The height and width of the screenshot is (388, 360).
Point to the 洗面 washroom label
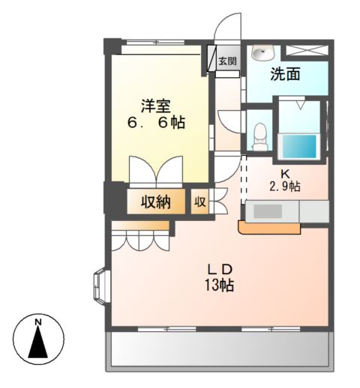click(x=286, y=75)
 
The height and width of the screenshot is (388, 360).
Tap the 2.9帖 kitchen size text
click(x=285, y=187)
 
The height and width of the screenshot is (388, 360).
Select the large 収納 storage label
click(x=154, y=201)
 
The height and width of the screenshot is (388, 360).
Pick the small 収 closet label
click(x=199, y=201)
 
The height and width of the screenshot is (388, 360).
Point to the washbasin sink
click(x=262, y=53)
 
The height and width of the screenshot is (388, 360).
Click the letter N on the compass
click(x=37, y=323)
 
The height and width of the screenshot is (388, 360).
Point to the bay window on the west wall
click(x=100, y=287)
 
